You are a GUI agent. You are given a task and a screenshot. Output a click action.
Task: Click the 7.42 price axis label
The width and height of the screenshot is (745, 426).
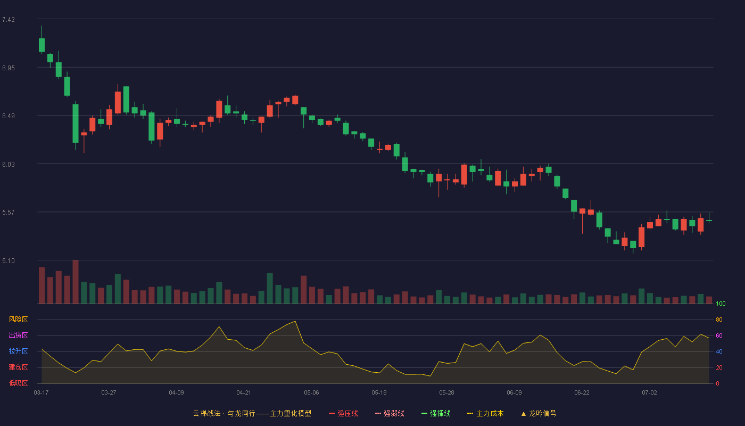9,20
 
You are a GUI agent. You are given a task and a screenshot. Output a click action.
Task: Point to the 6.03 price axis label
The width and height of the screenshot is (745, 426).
9,165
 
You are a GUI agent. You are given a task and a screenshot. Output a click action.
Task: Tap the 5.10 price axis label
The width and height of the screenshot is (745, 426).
9,261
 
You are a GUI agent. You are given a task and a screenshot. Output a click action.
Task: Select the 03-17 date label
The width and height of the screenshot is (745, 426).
42,393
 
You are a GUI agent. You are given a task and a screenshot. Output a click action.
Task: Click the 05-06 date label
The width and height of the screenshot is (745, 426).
311,393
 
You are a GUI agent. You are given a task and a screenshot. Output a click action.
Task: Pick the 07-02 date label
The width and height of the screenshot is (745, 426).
649,393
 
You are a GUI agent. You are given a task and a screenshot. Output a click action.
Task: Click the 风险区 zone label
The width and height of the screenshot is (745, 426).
18,319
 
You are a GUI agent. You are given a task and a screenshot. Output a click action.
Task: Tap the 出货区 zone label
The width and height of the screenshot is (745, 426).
18,335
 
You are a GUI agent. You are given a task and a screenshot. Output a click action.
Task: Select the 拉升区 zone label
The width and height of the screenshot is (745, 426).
18,351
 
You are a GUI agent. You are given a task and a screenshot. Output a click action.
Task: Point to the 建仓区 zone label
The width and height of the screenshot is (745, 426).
18,367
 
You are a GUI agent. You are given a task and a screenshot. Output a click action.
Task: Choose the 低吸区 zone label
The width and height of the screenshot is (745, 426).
18,383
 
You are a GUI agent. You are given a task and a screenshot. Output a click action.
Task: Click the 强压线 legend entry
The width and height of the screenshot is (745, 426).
343,413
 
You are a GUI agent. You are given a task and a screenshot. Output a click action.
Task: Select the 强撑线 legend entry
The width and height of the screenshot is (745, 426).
436,413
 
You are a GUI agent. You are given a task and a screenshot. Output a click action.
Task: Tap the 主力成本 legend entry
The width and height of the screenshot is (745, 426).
485,413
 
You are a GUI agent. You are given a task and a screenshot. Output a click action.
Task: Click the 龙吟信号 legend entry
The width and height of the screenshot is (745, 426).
539,413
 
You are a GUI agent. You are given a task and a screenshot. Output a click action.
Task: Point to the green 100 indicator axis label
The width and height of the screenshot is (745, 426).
721,304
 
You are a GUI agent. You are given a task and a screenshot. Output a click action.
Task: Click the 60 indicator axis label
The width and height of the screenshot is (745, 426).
719,335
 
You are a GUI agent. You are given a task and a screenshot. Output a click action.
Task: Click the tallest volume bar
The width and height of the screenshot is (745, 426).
76,282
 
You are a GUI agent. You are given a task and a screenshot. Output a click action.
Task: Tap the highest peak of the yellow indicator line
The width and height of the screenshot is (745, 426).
295,321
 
